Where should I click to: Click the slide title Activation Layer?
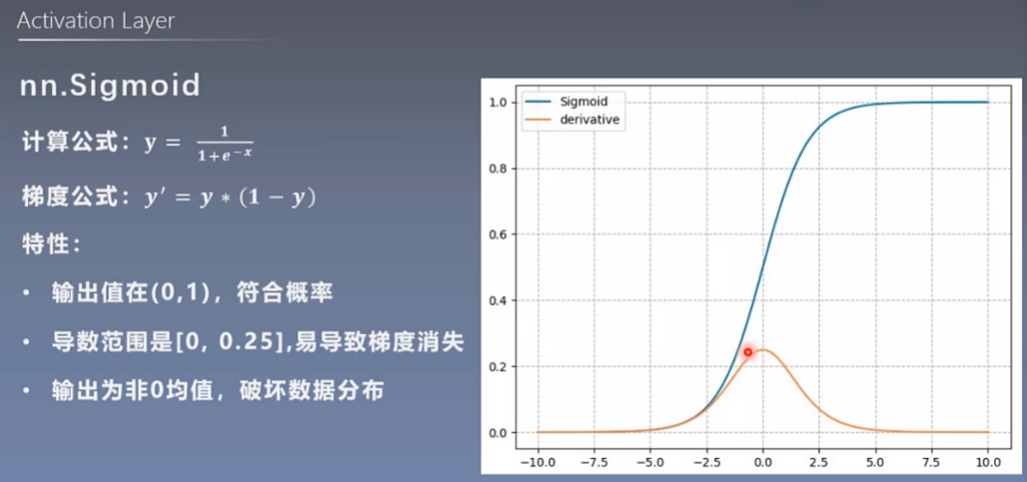[96, 21]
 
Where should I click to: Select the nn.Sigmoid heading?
[110, 86]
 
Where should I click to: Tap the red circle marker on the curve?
[748, 352]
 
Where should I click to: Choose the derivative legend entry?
[572, 120]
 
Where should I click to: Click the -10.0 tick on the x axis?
[537, 462]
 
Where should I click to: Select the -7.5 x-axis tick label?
[594, 462]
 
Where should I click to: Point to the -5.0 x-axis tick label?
[650, 462]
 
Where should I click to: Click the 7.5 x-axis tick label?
[931, 462]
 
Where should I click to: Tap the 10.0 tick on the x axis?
[987, 462]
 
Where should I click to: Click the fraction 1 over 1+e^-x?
[225, 143]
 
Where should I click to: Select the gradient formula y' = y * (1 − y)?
[230, 197]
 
